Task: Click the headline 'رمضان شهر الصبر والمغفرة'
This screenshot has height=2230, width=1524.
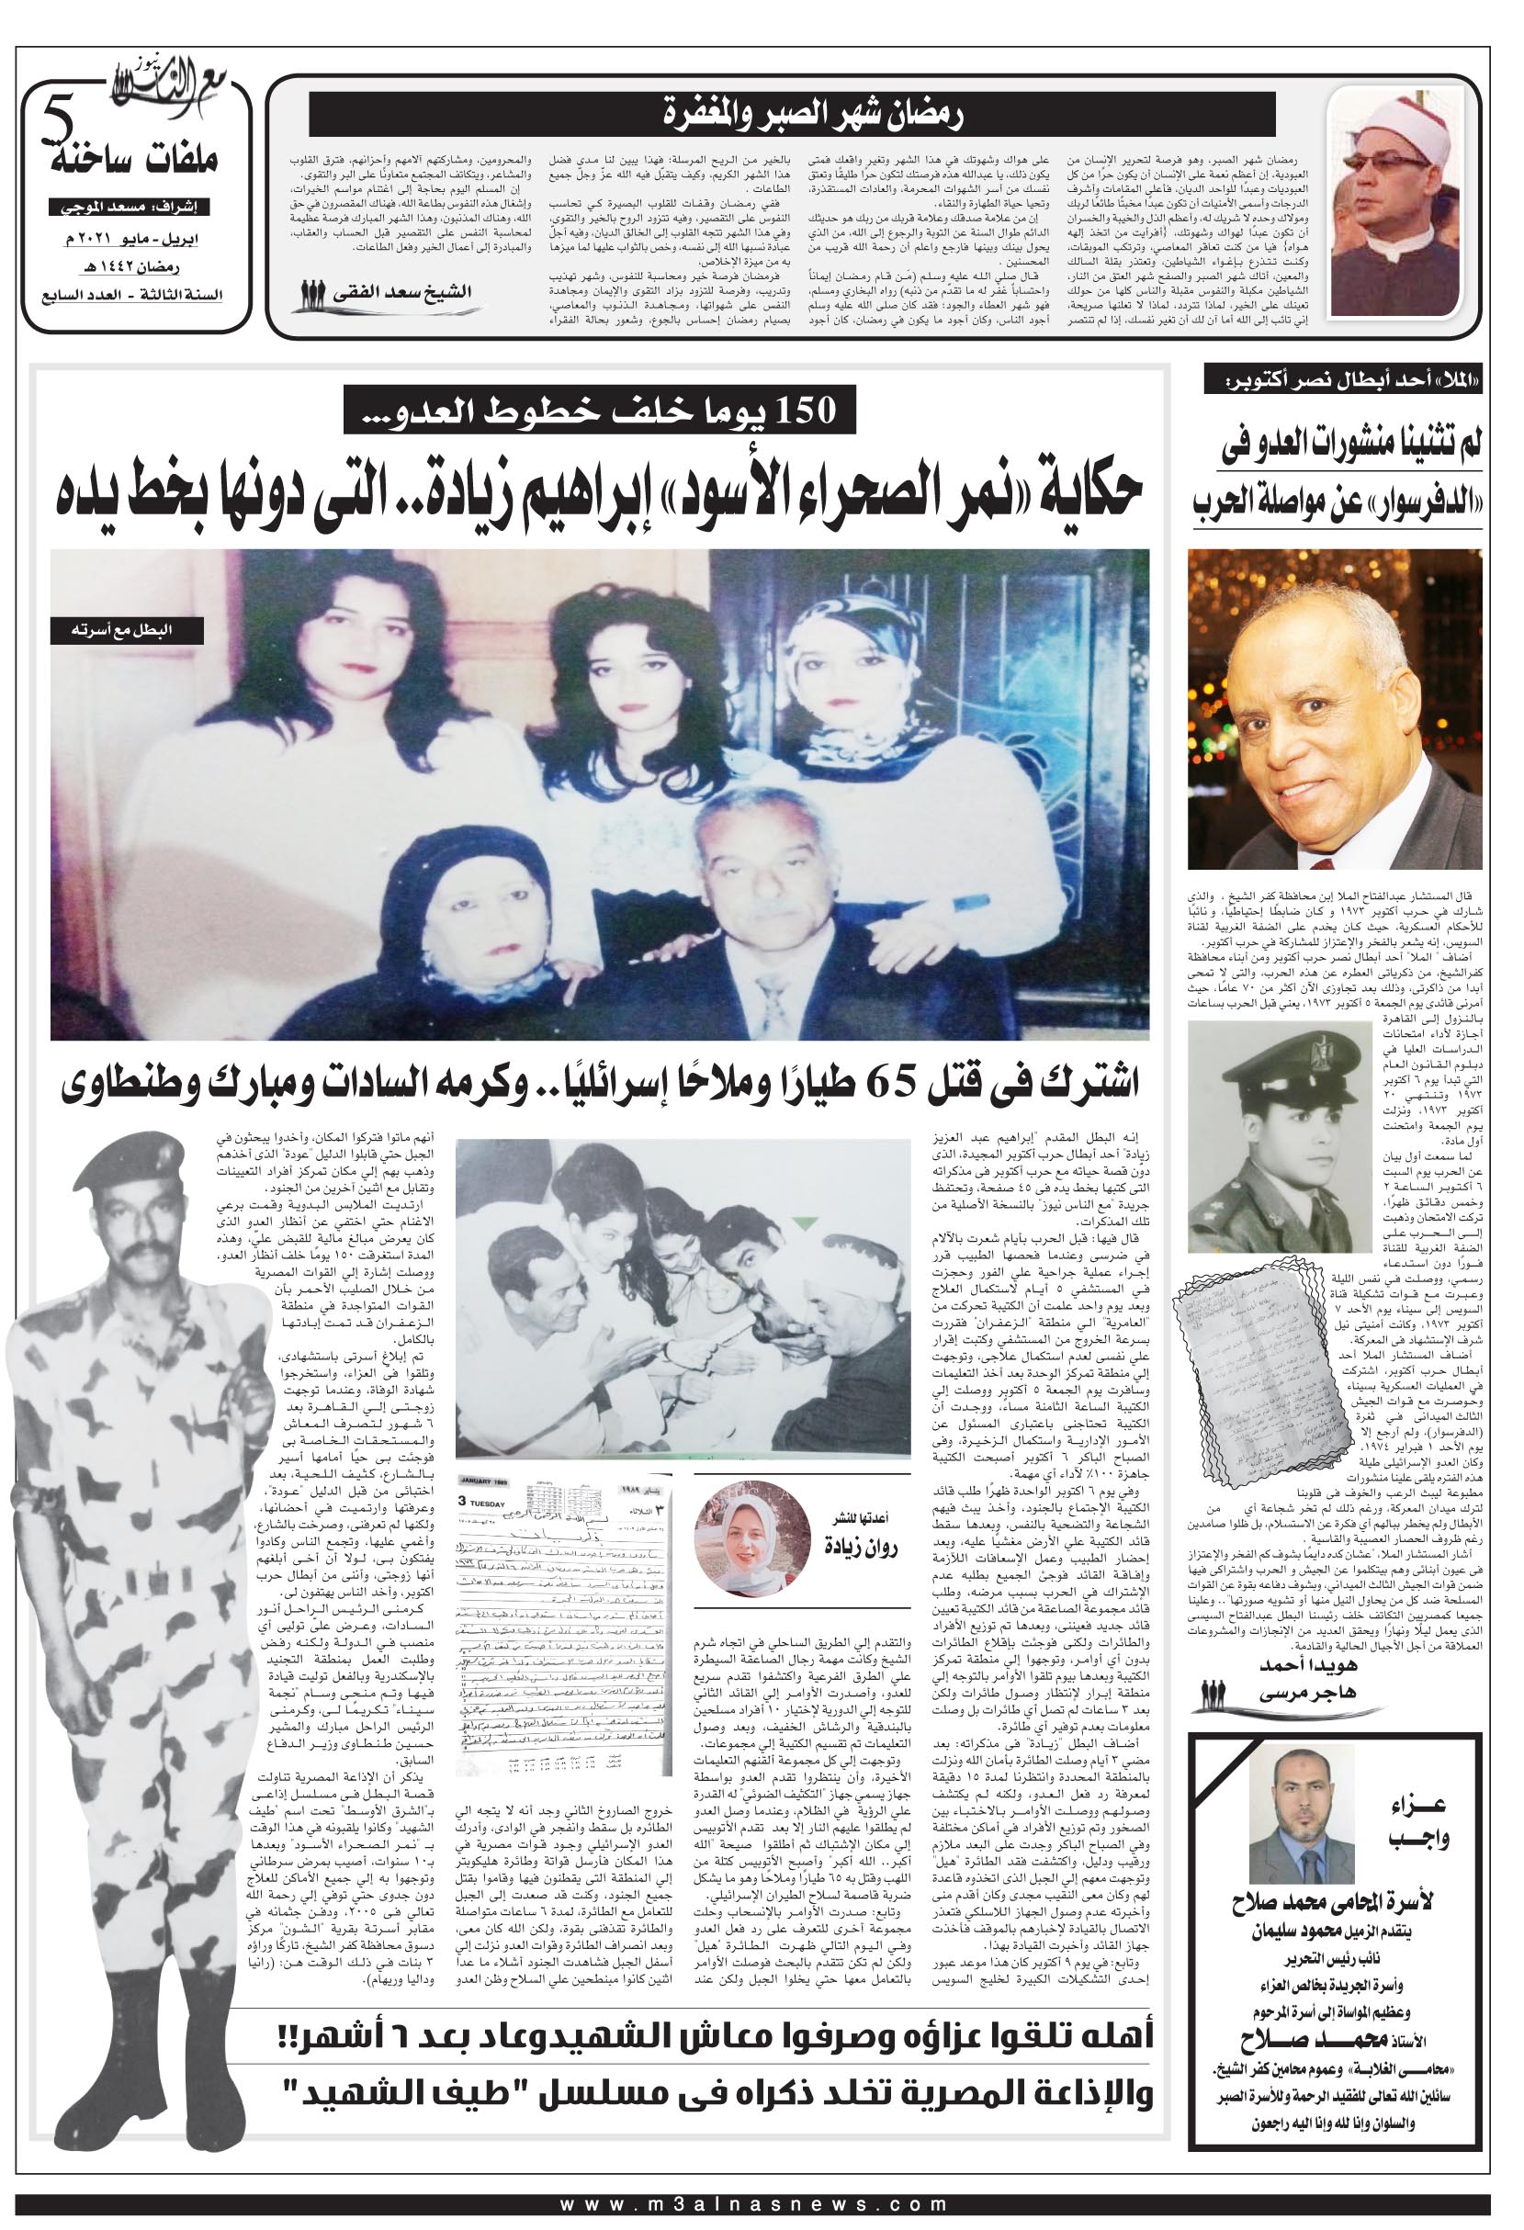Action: [793, 114]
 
